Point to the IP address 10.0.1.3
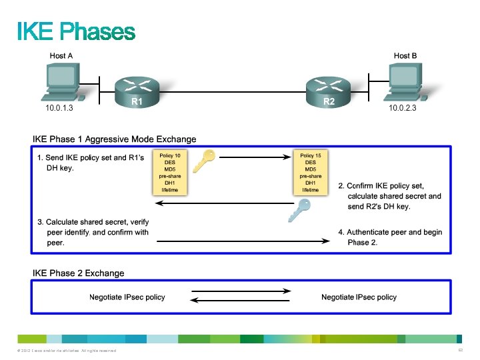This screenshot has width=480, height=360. [x=59, y=107]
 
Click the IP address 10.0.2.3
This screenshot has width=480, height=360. [x=402, y=107]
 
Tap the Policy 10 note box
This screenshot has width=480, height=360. [x=170, y=173]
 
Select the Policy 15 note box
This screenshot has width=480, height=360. [x=310, y=173]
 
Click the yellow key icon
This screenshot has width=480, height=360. [x=203, y=161]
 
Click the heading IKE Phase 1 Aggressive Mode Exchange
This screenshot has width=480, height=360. [x=115, y=139]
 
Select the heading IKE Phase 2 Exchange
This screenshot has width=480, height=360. [x=79, y=273]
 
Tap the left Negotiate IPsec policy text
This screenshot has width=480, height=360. [x=127, y=297]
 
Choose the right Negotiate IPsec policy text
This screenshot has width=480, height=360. [x=359, y=297]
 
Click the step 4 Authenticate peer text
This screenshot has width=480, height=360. [x=390, y=237]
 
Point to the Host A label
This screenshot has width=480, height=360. [x=61, y=56]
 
